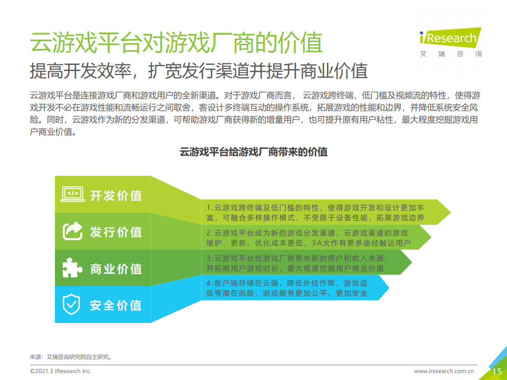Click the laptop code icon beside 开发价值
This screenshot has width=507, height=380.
point(73,194)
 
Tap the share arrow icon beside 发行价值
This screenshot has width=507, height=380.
point(72,231)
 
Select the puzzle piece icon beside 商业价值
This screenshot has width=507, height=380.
point(72,268)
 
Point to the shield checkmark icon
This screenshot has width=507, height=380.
point(71,304)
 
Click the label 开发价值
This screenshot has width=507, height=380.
point(116,195)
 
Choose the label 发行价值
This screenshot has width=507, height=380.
point(116,232)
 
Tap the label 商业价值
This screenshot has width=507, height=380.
point(116,269)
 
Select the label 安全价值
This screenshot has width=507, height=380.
point(116,306)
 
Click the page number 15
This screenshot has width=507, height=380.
point(496,372)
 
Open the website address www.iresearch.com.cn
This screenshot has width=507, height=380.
point(444,371)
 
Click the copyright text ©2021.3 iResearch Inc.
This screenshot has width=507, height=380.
point(61,371)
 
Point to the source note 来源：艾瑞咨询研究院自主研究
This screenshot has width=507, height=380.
point(71,357)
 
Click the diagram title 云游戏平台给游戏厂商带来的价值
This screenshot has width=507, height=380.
point(253,151)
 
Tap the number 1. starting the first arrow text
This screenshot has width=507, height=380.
point(210,207)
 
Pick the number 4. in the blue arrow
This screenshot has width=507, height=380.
point(210,283)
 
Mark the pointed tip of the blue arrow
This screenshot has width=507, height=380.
point(389,288)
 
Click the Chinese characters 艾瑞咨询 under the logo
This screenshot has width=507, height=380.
point(450,54)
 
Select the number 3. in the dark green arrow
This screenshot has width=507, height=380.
point(210,258)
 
